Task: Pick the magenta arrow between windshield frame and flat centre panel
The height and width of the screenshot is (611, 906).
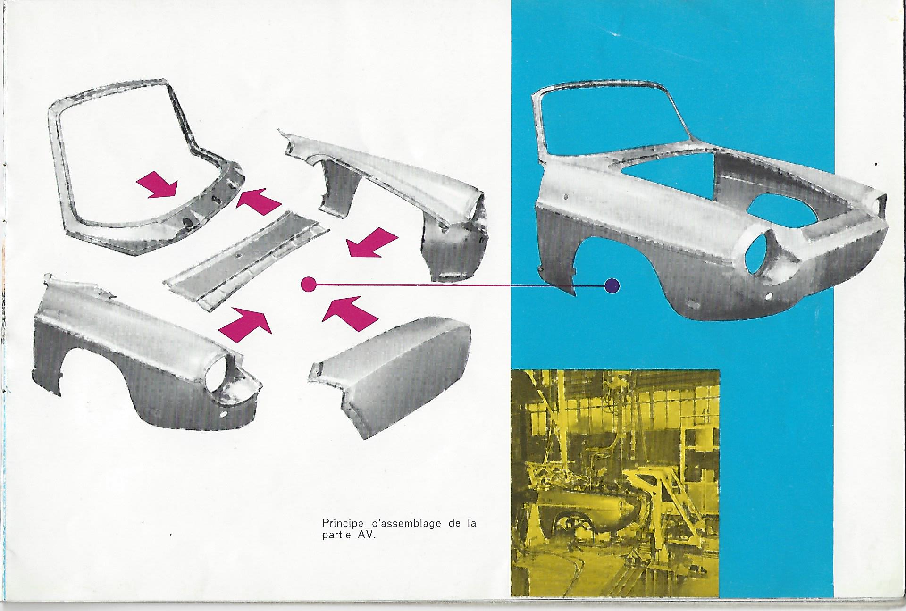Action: pos(259,200)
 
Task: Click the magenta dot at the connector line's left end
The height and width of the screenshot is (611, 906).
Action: pos(308,284)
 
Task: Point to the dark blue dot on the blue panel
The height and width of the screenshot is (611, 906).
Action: pos(612,285)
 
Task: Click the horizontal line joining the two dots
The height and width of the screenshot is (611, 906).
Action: pos(460,285)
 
